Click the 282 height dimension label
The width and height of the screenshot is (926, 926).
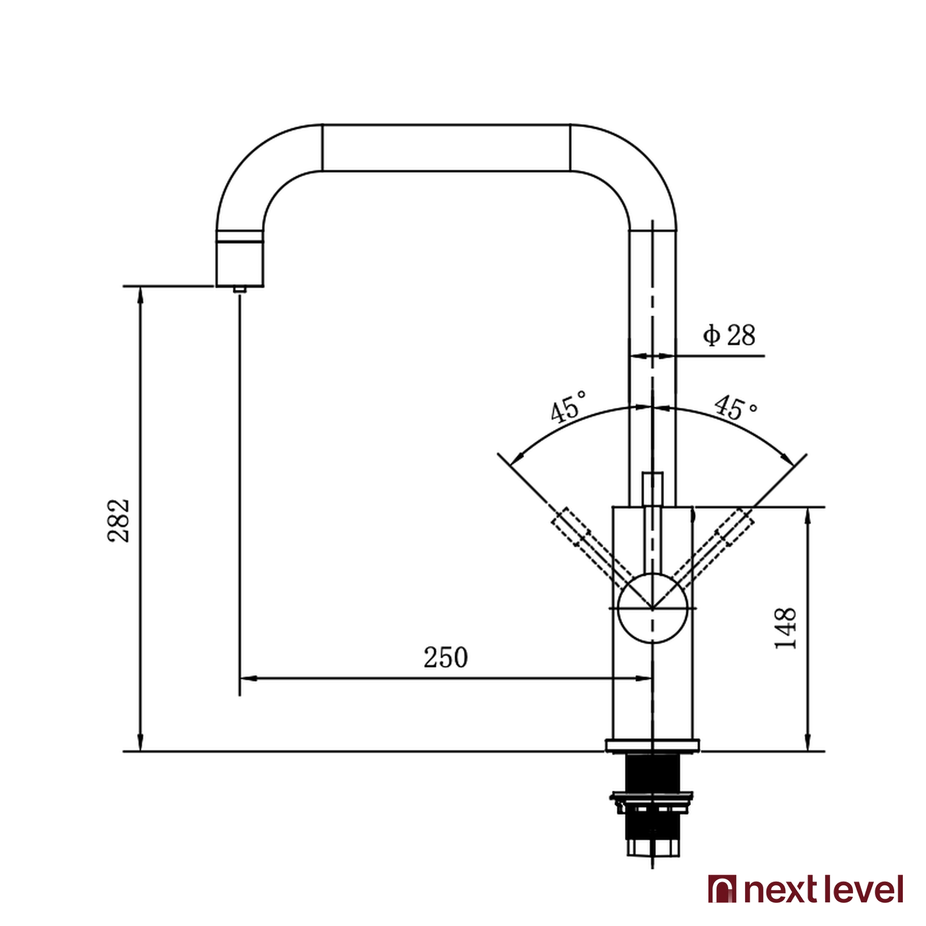click(x=119, y=521)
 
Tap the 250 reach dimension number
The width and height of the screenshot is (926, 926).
click(x=445, y=657)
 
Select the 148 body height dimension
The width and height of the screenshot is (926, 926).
click(x=786, y=628)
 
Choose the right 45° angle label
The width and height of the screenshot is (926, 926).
click(x=736, y=407)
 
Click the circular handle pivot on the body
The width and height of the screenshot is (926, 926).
click(x=652, y=608)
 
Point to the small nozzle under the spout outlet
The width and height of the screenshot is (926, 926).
click(x=240, y=289)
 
